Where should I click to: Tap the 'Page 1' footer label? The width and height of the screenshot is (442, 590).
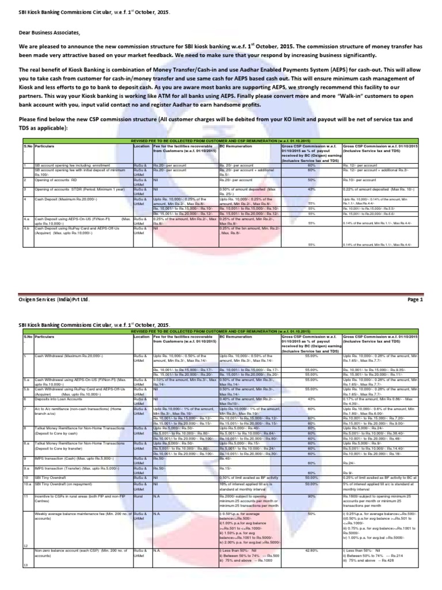(x=414, y=300)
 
